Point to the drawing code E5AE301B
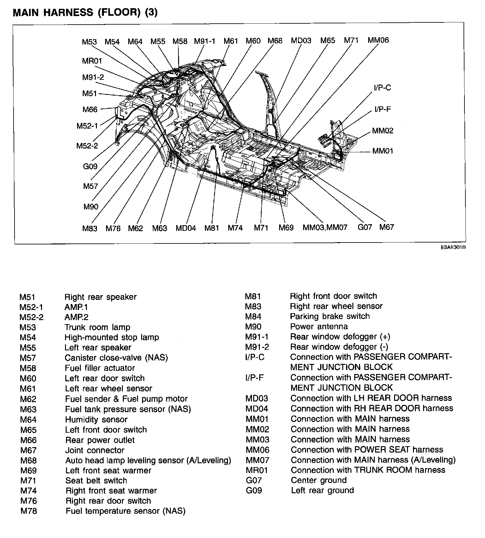point(453,248)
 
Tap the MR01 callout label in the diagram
point(92,61)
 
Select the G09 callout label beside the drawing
point(90,167)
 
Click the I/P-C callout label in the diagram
point(382,88)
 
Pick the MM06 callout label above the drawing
point(378,40)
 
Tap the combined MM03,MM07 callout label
point(325,227)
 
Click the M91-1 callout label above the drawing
point(204,41)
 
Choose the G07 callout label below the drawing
point(365,227)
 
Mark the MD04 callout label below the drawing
point(186,228)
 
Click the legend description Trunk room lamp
point(97,327)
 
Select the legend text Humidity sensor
point(96,419)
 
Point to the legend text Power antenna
point(319,326)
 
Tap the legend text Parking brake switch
point(330,316)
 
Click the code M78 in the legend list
point(28,511)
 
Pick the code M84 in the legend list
point(253,317)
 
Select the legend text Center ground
point(318,480)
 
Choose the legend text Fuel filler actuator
point(100,368)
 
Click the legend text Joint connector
point(95,450)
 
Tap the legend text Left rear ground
point(322,490)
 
